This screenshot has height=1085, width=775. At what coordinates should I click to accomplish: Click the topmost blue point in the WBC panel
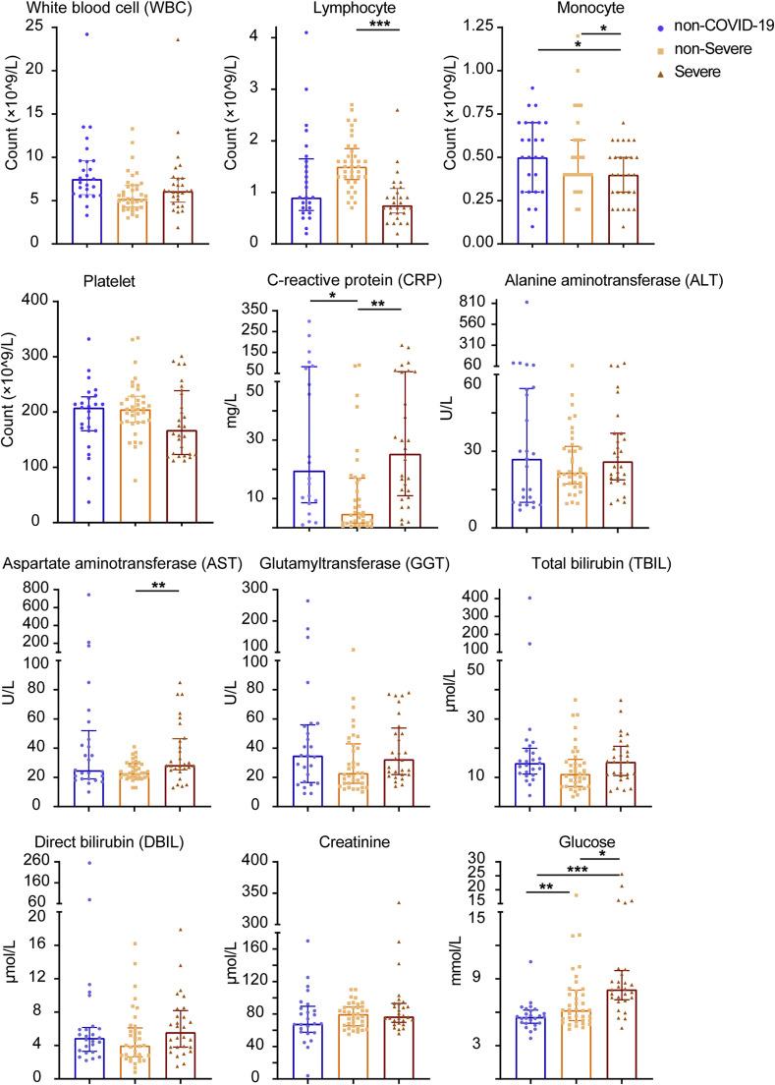(x=87, y=34)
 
